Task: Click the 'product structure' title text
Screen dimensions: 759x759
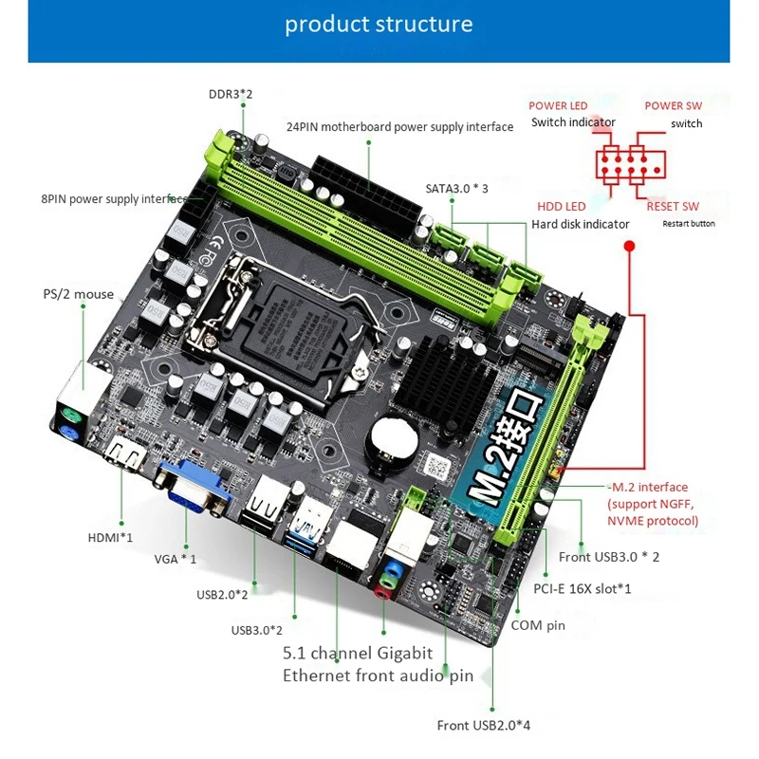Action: (379, 24)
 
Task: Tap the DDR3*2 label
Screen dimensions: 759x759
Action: (231, 94)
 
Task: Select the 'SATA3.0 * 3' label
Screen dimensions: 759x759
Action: (457, 188)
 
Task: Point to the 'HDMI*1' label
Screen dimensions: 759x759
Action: (110, 537)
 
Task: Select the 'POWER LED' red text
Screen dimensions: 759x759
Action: (558, 105)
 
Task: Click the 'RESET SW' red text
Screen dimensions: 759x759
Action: (673, 206)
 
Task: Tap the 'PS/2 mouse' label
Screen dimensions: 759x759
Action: (79, 294)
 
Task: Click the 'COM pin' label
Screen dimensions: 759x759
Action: (538, 625)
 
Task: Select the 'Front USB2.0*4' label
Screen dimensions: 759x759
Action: (484, 725)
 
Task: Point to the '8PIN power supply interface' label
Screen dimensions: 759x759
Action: (112, 199)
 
